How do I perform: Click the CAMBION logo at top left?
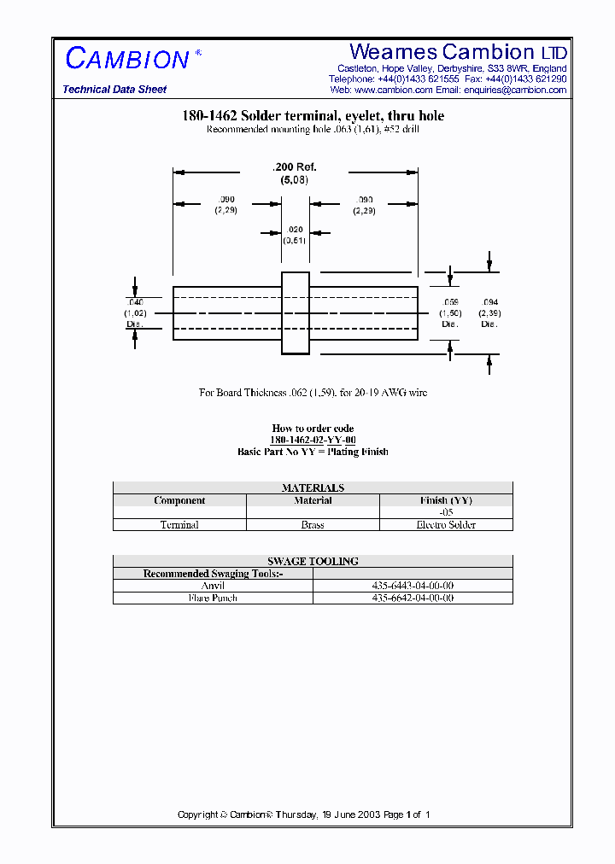pyautogui.click(x=127, y=59)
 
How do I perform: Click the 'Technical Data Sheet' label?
pyautogui.click(x=114, y=90)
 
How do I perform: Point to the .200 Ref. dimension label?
pyautogui.click(x=294, y=168)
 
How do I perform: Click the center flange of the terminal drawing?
pyautogui.click(x=296, y=312)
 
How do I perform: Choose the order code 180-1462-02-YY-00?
pyautogui.click(x=313, y=440)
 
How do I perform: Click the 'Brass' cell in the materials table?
pyautogui.click(x=313, y=525)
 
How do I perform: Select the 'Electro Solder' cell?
pyautogui.click(x=446, y=525)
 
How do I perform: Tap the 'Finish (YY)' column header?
pyautogui.click(x=446, y=500)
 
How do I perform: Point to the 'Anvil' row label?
pyautogui.click(x=212, y=586)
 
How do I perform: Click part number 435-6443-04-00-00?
pyautogui.click(x=413, y=586)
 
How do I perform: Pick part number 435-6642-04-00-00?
pyautogui.click(x=413, y=598)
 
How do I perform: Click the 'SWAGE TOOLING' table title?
pyautogui.click(x=313, y=561)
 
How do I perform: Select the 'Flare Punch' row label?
pyautogui.click(x=213, y=598)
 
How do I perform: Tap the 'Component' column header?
pyautogui.click(x=179, y=500)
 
